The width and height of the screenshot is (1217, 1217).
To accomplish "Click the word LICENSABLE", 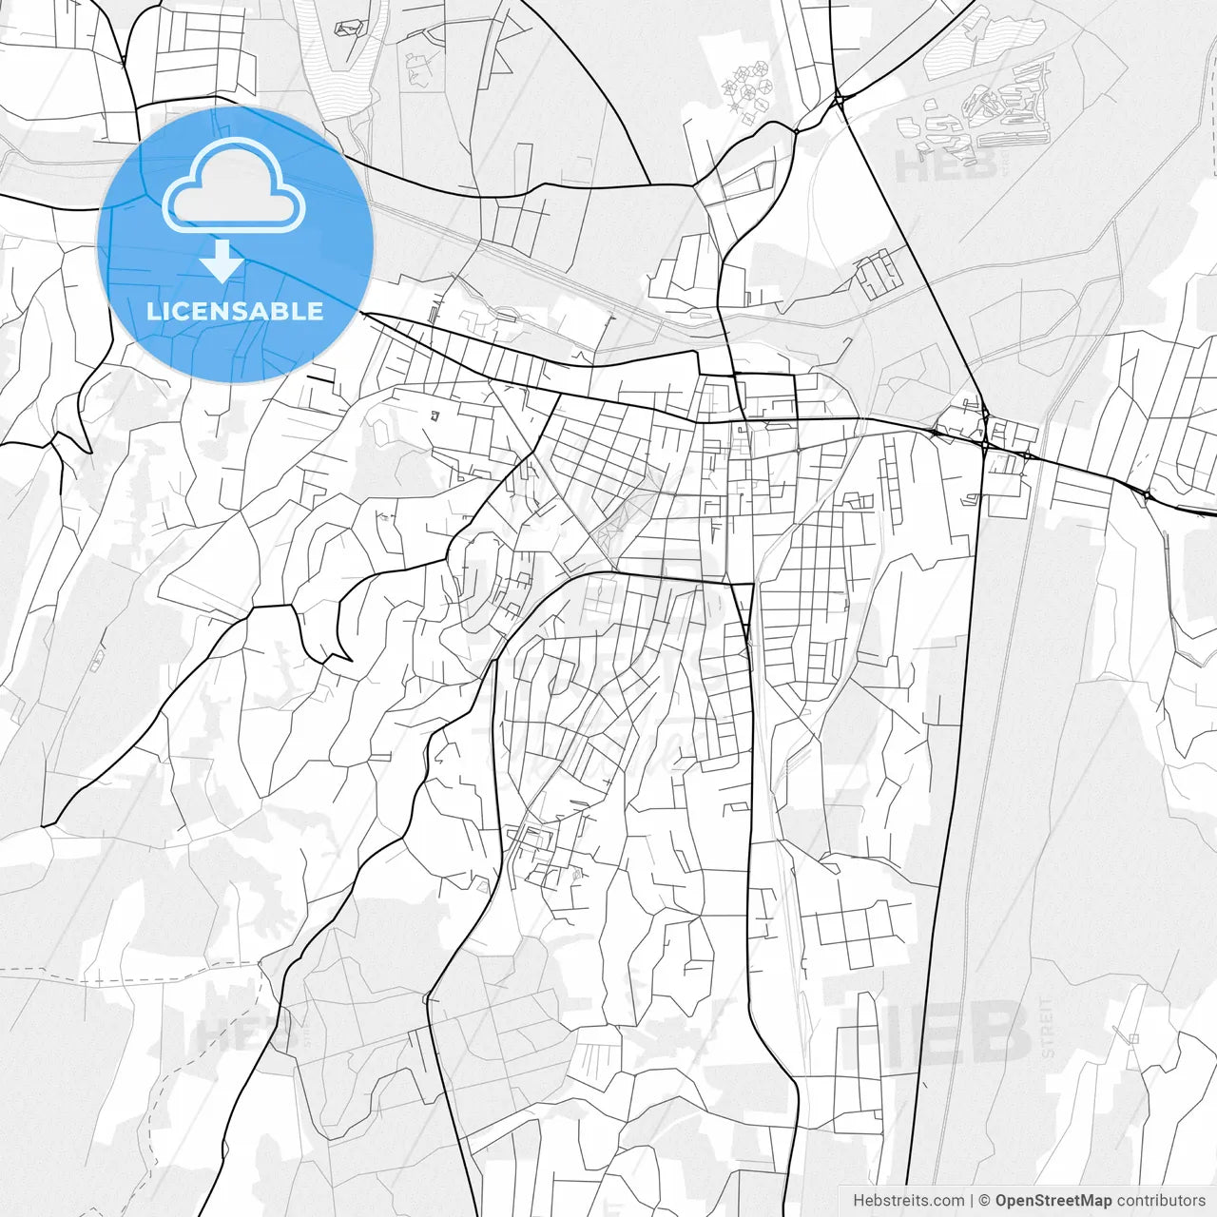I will coord(235,311).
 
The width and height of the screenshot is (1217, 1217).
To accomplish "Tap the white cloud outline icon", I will coord(234,186).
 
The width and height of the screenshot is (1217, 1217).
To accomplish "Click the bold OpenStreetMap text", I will coord(1053,1201).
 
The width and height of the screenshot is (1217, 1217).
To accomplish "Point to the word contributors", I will coord(1161,1201).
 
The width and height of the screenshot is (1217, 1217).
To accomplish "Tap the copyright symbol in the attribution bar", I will coord(985,1201).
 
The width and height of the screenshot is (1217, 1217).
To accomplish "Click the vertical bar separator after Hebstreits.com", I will coord(972,1201).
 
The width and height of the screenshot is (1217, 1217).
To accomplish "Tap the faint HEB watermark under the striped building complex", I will coord(946,166).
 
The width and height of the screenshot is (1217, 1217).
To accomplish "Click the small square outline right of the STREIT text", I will coord(1131,1038).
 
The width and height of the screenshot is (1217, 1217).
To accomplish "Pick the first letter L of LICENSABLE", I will coord(152,311).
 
